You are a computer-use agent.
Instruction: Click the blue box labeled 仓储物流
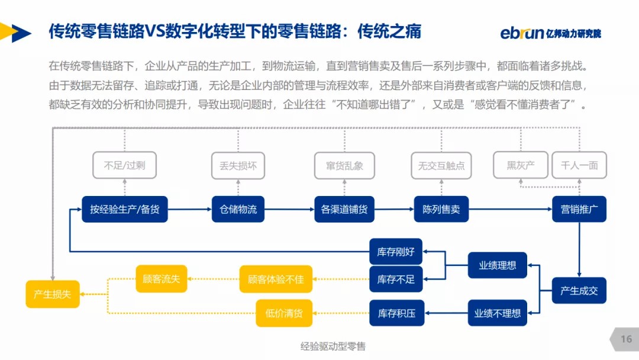click(238, 209)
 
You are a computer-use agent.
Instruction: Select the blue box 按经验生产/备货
click(125, 209)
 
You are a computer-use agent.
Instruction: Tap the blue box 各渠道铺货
click(344, 209)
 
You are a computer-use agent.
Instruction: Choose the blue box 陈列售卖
click(441, 209)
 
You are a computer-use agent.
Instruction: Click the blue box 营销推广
click(579, 209)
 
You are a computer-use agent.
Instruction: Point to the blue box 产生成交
click(579, 291)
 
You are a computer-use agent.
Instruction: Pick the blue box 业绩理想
click(497, 265)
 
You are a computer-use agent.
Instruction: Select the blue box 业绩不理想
click(497, 313)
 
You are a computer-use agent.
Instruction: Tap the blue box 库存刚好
click(396, 252)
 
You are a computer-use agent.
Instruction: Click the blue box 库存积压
click(396, 313)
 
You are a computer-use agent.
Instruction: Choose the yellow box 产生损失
click(52, 294)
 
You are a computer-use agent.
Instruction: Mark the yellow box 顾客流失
click(162, 278)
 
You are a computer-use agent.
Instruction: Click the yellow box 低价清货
click(284, 313)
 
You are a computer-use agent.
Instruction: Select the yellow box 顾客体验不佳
click(276, 279)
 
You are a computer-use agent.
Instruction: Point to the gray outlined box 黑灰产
click(520, 165)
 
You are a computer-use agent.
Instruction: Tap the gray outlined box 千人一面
click(579, 165)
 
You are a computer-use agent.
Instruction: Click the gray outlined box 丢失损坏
click(238, 166)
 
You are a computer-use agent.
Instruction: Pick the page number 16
click(626, 339)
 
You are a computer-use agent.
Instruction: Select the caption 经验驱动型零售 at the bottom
click(333, 346)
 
